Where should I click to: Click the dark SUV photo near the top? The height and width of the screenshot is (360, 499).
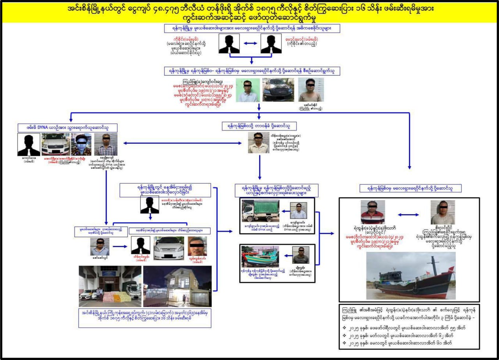278,90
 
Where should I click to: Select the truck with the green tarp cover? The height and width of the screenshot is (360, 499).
260,211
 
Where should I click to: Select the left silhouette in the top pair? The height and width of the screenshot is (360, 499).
229,44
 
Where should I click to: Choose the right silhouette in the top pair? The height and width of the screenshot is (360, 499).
271,44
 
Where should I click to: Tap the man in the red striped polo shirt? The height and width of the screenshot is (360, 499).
373,213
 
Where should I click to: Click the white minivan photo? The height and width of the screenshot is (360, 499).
169,248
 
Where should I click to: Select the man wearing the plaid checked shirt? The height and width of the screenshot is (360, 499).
105,145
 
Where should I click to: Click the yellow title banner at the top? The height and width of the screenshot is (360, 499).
249,12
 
